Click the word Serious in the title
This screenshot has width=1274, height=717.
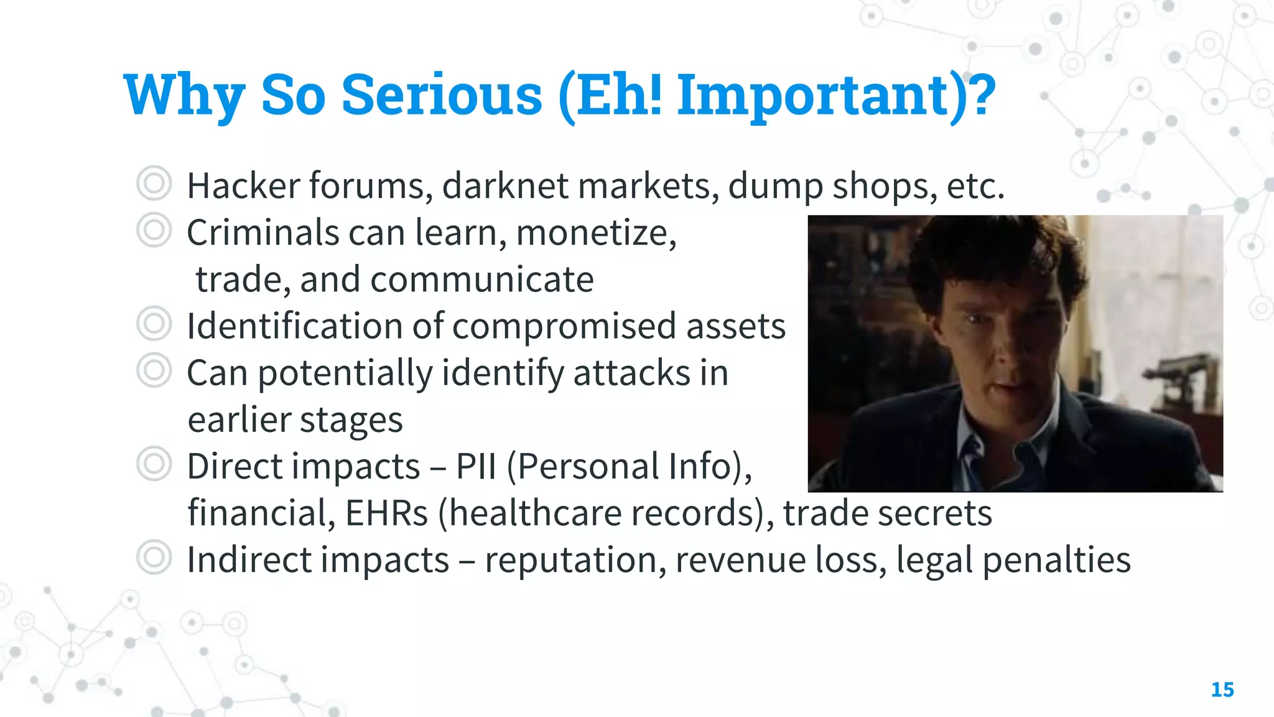pos(442,95)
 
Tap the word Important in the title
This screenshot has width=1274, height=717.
pos(812,95)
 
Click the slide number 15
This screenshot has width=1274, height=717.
pos(1222,690)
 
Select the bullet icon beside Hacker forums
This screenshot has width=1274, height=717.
pos(154,184)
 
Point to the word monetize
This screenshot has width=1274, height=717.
pos(596,233)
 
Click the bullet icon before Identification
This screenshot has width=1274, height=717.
pos(154,324)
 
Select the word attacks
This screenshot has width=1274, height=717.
pos(631,373)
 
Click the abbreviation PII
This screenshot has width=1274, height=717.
pos(476,466)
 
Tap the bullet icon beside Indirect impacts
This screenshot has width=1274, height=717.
pos(154,557)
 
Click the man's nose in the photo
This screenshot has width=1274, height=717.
pos(1003,355)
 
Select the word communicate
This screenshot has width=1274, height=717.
pos(482,279)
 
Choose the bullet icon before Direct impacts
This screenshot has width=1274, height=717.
pos(154,464)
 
